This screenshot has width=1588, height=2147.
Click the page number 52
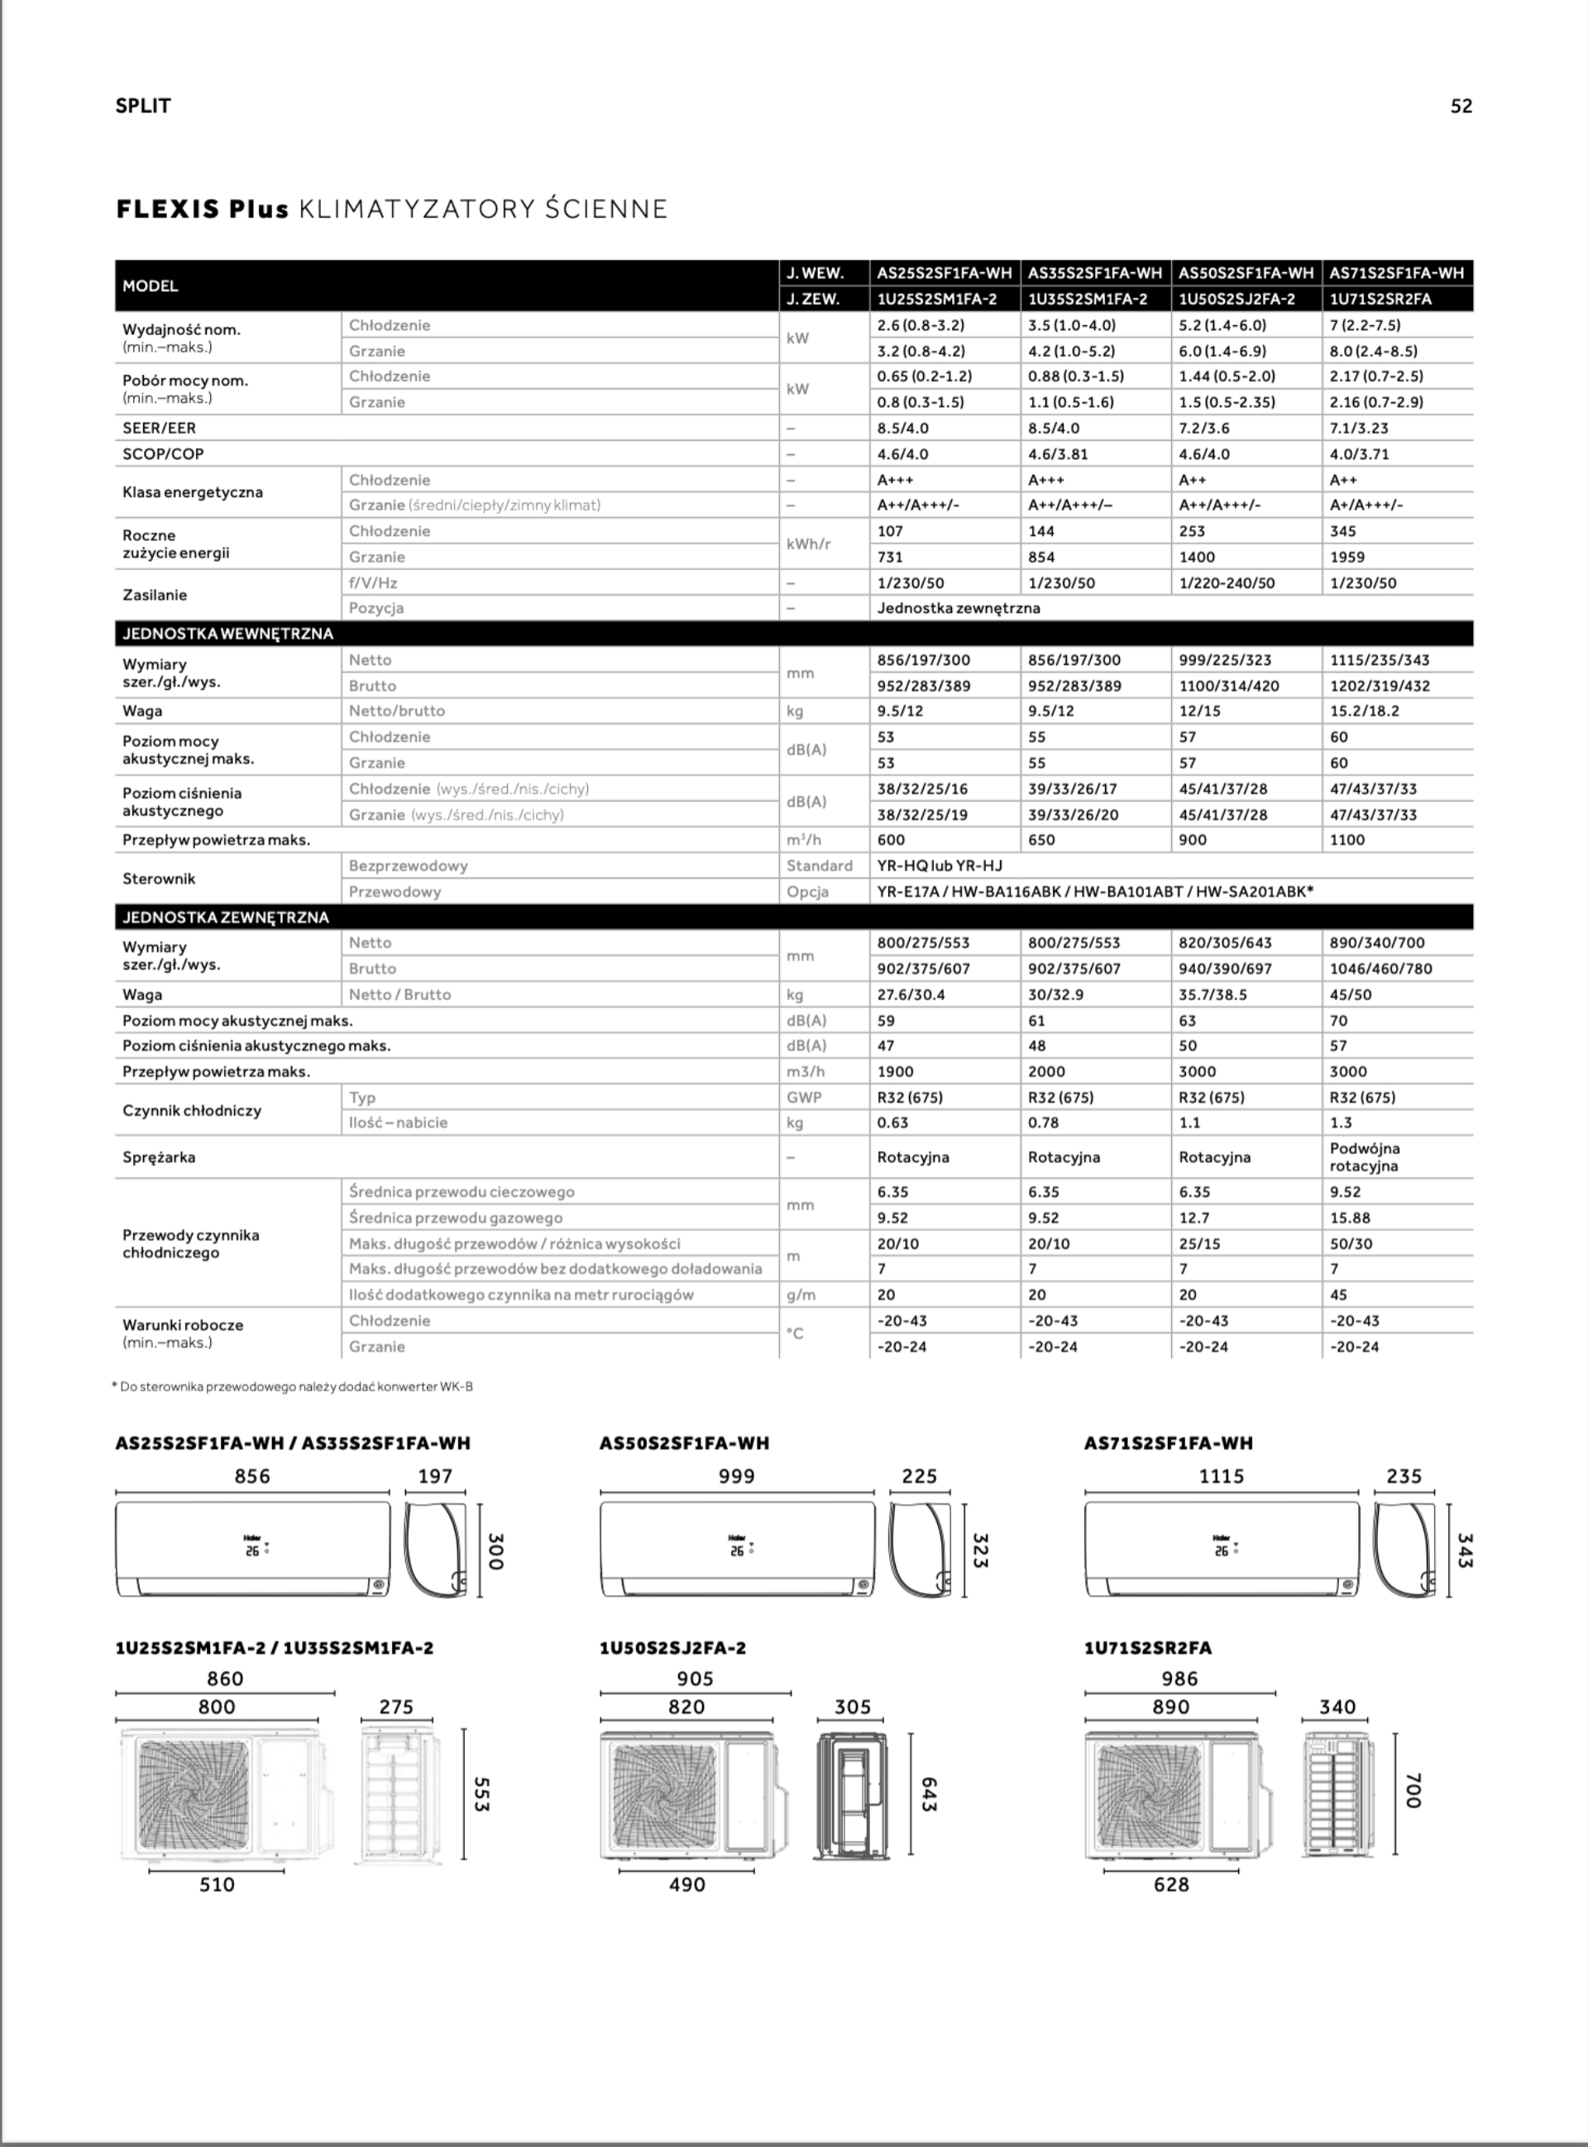tap(1460, 107)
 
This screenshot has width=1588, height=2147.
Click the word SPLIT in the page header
tap(143, 107)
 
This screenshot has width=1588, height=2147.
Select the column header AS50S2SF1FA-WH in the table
tap(1246, 273)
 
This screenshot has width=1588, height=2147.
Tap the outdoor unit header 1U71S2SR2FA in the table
tap(1380, 299)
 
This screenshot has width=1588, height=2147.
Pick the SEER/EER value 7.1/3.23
tap(1359, 428)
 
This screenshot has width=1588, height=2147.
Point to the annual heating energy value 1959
tap(1347, 557)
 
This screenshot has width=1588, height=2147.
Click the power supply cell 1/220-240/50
tap(1227, 582)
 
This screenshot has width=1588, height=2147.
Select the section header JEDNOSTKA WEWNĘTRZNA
tap(227, 634)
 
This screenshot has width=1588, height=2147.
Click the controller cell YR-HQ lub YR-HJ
tap(939, 865)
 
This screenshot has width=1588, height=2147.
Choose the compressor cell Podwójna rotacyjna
tap(1364, 1157)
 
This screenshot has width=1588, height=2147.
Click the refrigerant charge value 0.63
tap(892, 1122)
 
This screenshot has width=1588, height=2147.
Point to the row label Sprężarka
tap(159, 1157)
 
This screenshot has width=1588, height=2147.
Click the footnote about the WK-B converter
tap(293, 1387)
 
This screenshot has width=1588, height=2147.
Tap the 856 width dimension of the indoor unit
tap(252, 1476)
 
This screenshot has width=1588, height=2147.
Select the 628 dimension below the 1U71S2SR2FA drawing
tap(1171, 1885)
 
